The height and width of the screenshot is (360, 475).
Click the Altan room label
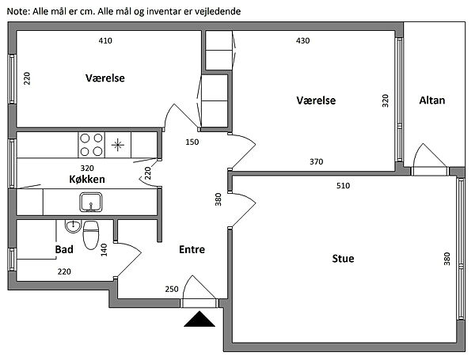click(x=432, y=100)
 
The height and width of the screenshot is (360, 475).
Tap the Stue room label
click(x=343, y=259)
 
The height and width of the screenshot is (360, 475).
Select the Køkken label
click(x=87, y=180)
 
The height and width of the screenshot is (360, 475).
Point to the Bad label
click(x=64, y=249)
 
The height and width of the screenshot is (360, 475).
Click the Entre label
click(x=192, y=249)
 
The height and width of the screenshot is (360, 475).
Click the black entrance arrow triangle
click(x=199, y=319)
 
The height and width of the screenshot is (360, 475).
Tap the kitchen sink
click(x=91, y=203)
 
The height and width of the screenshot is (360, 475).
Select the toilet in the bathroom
click(x=91, y=235)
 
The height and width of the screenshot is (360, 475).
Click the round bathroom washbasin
click(x=73, y=226)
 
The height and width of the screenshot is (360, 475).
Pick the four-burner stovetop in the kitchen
click(x=92, y=145)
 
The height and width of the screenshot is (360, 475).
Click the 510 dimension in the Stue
click(x=343, y=186)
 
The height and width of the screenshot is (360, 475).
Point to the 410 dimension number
click(x=105, y=40)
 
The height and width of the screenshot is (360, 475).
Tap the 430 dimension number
click(x=302, y=40)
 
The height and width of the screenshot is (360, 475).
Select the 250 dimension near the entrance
click(x=172, y=289)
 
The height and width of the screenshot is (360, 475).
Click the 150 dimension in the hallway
click(x=192, y=142)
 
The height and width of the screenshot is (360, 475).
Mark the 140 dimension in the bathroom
click(x=104, y=250)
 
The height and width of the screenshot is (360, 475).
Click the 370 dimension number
click(x=316, y=162)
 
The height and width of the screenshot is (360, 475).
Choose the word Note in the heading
click(x=18, y=12)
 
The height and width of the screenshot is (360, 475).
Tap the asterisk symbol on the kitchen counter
click(x=117, y=145)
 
